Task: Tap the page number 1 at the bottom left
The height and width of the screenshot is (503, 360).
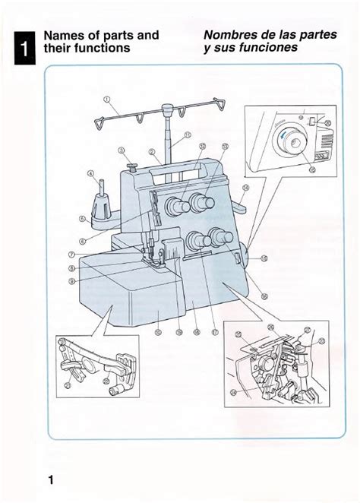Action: click(50, 479)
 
